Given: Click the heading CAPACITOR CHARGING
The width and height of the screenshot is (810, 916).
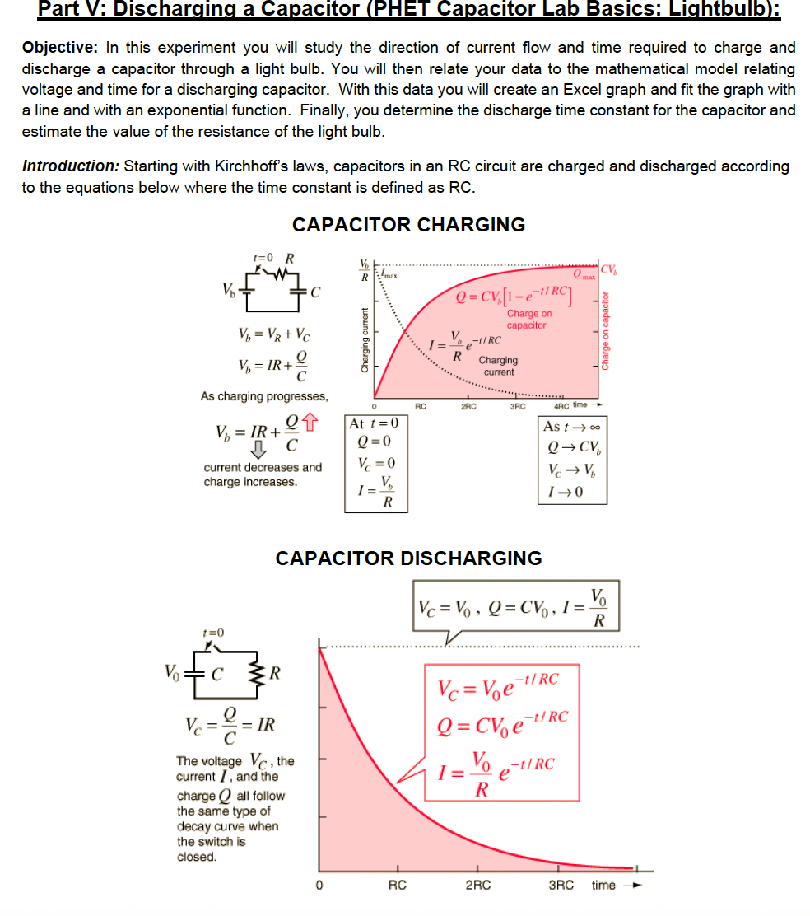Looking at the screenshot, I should (408, 225).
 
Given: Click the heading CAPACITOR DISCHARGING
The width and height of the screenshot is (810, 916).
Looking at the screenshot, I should (408, 558).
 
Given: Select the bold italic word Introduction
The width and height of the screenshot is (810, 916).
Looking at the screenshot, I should (70, 166).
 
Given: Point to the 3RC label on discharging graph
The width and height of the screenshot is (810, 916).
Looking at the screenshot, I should (562, 886).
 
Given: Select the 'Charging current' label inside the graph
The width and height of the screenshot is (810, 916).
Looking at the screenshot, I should (498, 366).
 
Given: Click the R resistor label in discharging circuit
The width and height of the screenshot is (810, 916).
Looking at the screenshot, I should (276, 674).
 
